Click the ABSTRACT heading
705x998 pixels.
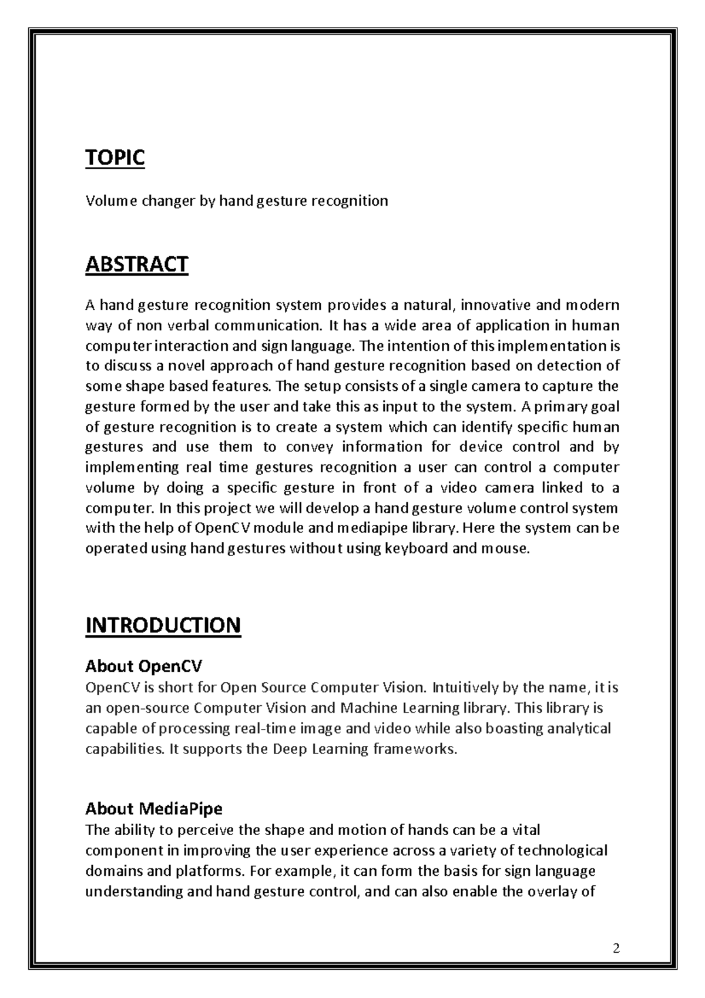(136, 264)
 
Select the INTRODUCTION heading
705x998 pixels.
(163, 625)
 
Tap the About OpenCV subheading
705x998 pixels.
(143, 666)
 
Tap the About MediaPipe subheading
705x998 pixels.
(154, 809)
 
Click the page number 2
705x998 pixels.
(616, 948)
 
